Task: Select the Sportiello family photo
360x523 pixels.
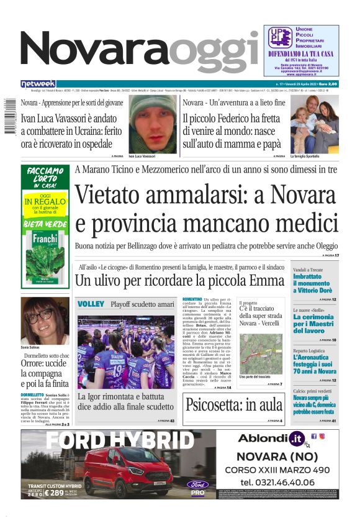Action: pos(314,125)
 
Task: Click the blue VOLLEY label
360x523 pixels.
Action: pos(91,304)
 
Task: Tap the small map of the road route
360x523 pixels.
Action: pos(261,354)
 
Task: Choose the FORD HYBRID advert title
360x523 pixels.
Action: pos(120,440)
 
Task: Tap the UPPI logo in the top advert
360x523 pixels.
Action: pos(279,37)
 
